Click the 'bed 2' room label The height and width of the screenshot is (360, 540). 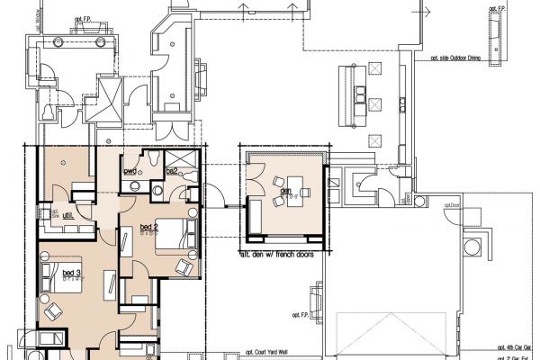coord(149,226)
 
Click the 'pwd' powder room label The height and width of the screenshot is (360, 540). coord(130,170)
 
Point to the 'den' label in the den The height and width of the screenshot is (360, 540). coord(285,190)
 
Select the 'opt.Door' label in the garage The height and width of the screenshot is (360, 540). coord(451,204)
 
